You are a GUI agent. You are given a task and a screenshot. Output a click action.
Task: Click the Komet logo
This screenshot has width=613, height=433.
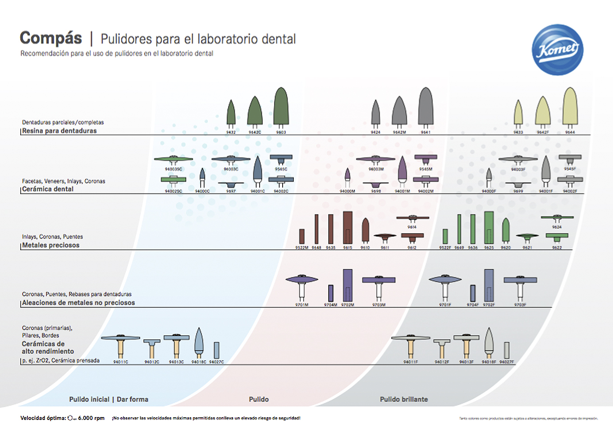coord(557,50)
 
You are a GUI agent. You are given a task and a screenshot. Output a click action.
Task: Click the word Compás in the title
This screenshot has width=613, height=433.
coord(51,38)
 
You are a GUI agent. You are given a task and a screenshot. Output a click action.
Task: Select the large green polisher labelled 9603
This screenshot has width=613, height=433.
coord(281,106)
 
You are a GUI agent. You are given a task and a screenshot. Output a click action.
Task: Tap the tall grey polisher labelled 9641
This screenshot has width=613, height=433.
coord(425,106)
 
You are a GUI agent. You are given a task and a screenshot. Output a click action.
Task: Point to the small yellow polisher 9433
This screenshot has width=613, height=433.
coord(518,113)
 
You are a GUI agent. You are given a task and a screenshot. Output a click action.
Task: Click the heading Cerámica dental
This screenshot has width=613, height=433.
coord(48,189)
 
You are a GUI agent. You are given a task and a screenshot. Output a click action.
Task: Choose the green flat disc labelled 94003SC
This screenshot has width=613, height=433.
coord(174,159)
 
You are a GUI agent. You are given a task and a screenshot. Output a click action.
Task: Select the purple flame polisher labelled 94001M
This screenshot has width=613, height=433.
coord(403,169)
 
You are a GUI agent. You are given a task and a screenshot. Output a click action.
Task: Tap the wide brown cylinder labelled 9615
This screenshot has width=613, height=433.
coord(348,228)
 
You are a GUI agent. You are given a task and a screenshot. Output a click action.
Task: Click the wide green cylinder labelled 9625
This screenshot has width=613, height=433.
coord(489,228)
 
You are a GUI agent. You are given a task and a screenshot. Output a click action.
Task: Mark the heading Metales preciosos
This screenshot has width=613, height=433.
coord(51,245)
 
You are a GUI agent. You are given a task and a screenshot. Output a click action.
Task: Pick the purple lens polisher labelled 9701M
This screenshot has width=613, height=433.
coord(302,280)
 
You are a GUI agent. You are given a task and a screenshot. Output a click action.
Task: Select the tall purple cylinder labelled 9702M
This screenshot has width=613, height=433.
coord(348,285)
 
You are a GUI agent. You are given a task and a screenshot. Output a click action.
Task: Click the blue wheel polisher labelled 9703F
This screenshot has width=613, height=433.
coord(520,280)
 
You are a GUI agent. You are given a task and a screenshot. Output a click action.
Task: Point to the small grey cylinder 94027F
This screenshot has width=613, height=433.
coord(507,350)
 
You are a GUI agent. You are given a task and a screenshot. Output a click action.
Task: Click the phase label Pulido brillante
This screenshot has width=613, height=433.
coord(404,399)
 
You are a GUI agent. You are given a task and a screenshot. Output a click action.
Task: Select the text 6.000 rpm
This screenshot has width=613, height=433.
coord(91,418)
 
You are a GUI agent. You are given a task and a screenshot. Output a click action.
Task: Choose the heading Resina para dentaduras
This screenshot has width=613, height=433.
coord(59,131)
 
